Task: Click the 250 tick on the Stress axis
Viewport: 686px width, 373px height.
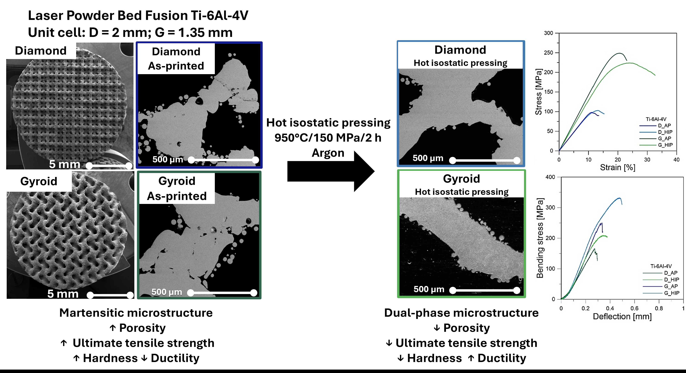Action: [549, 53]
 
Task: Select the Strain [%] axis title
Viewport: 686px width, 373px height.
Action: [618, 168]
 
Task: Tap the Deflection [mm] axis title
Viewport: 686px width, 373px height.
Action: [622, 317]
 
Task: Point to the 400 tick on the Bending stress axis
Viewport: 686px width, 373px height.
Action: [550, 177]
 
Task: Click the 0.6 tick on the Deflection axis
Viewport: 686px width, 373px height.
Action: [635, 308]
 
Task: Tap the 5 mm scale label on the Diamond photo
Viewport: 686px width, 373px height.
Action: [65, 164]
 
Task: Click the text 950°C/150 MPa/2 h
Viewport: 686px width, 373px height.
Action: [328, 138]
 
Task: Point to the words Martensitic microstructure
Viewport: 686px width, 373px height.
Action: [136, 313]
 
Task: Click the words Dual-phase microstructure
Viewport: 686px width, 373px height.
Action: [461, 313]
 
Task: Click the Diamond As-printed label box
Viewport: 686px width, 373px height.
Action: [176, 59]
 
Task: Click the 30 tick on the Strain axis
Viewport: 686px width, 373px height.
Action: [647, 160]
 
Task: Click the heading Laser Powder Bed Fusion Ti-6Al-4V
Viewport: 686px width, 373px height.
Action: [138, 15]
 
